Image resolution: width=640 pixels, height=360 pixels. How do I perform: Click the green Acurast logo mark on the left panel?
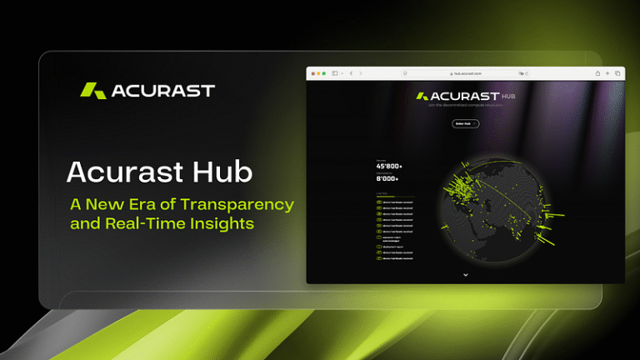pos(92,90)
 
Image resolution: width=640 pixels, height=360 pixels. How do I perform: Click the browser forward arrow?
pos(361,73)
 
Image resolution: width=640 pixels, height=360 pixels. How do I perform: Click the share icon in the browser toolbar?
pos(597,73)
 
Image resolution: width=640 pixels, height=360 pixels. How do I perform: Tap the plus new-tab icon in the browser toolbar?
pos(607,73)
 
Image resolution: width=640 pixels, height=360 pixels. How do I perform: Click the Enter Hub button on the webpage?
pos(466,123)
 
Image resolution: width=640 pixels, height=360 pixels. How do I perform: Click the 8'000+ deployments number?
pos(388,179)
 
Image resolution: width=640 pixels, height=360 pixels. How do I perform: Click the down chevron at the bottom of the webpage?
pos(466,274)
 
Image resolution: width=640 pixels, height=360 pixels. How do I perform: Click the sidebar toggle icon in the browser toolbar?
pos(335,73)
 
